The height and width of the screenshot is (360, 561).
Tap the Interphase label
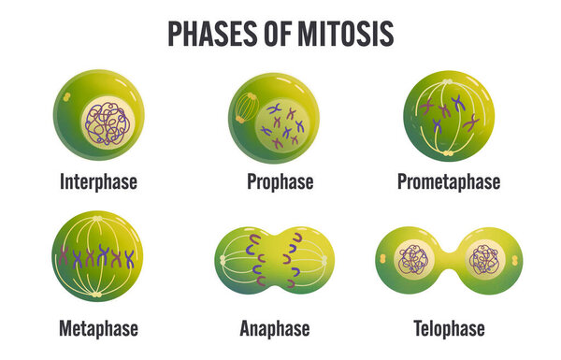tap(98, 181)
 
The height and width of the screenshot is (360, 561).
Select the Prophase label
tap(280, 181)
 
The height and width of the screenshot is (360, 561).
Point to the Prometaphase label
tap(449, 181)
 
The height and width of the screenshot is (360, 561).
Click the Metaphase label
tap(98, 329)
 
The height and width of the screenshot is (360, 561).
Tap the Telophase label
tap(449, 329)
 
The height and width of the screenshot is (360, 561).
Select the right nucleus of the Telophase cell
tap(485, 260)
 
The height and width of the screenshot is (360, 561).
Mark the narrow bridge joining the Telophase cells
tap(449, 261)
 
